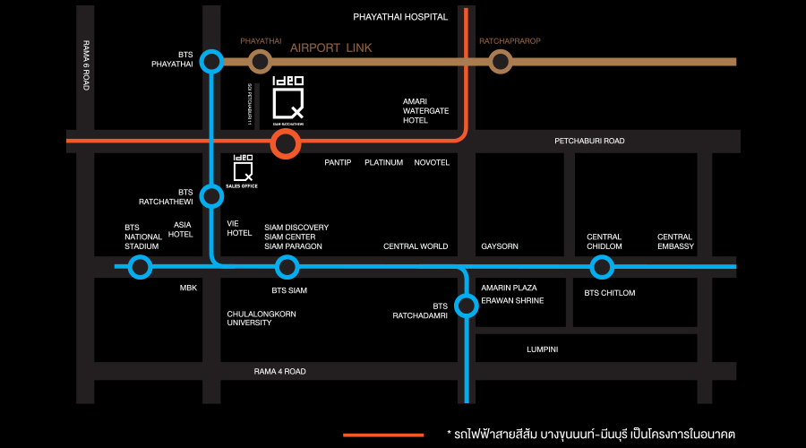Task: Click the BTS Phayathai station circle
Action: point(211,61)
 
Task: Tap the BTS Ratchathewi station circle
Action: point(211,195)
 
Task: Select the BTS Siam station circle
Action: point(287,266)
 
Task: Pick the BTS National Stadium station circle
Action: point(140,266)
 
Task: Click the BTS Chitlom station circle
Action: point(602,266)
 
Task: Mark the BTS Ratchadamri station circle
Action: point(466,306)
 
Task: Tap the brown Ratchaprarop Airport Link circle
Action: point(500,61)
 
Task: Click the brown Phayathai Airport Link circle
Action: point(260,61)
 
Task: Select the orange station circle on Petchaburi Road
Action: point(286,143)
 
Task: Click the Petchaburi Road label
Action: point(589,141)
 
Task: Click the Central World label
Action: point(415,246)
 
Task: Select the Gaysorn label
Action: point(500,246)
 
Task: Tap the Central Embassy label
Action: point(675,241)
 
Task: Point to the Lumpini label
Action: point(542,349)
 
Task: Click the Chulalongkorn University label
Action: point(262,320)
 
